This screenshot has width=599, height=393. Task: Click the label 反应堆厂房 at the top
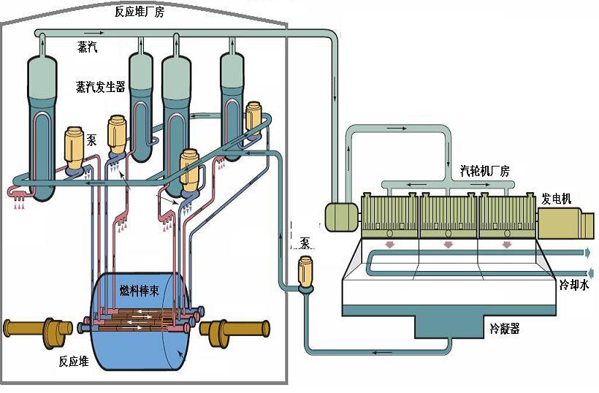[x=140, y=12]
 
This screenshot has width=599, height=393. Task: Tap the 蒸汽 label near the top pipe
[x=88, y=47]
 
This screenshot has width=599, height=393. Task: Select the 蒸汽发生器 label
[x=101, y=87]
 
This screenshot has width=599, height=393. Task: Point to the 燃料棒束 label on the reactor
[x=139, y=291]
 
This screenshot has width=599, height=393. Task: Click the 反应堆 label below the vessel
[x=74, y=362]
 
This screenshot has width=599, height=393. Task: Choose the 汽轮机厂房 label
[x=485, y=170]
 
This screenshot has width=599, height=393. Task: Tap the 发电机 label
[x=556, y=199]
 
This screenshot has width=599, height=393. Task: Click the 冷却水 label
[x=574, y=285]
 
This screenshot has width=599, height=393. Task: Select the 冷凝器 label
[x=505, y=329]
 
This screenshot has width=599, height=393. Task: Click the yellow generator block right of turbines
[x=566, y=223]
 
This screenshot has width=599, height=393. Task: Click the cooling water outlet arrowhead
[x=587, y=253]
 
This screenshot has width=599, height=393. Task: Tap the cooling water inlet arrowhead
[x=590, y=273]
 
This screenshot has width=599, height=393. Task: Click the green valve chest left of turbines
[x=341, y=216]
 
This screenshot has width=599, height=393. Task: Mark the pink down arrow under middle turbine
[x=448, y=245]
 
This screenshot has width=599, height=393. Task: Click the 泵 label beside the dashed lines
[x=305, y=243]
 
